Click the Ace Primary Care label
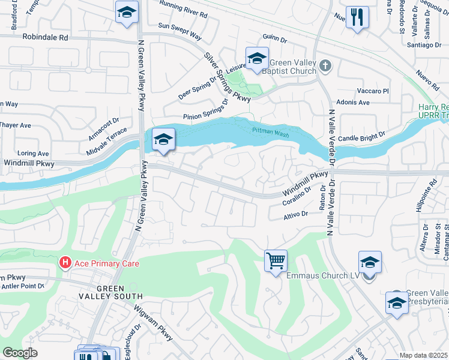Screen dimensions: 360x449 point(106,263)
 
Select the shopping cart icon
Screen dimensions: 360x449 point(276,261)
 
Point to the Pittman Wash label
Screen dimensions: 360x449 point(267,130)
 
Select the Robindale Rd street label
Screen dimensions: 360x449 point(46,37)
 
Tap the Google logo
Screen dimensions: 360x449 point(20,353)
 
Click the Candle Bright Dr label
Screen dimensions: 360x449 point(361,138)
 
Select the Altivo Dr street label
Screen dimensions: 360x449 point(295,213)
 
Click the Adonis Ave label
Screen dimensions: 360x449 point(353,102)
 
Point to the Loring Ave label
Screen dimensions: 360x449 point(34,154)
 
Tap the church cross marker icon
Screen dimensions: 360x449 point(325,65)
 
